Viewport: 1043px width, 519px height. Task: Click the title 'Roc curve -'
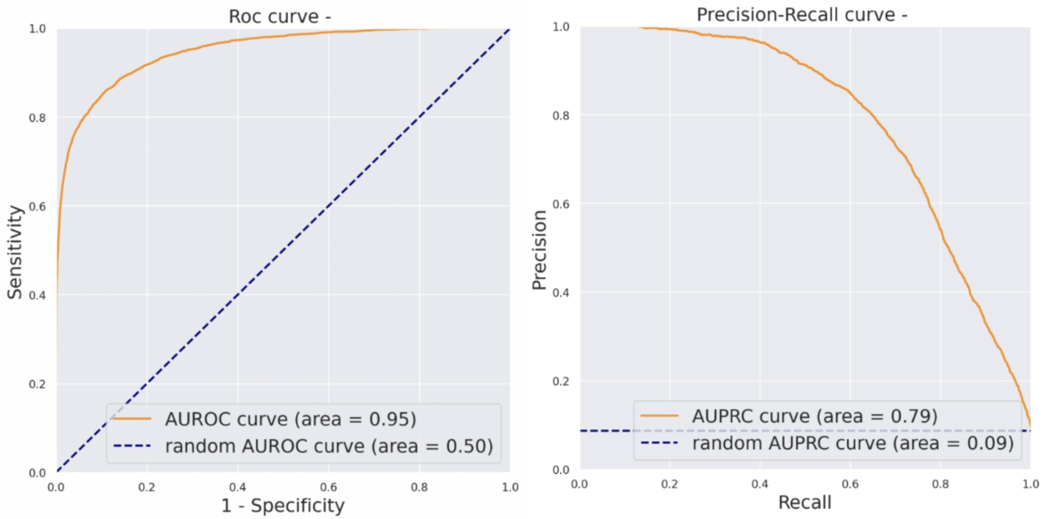pos(279,17)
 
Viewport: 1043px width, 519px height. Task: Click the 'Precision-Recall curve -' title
pos(801,15)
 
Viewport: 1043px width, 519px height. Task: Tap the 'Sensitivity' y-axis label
pos(15,252)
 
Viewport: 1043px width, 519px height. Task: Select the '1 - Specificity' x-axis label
pos(283,505)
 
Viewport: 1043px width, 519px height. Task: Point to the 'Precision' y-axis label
pos(539,250)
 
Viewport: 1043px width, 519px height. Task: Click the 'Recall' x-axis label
pos(805,502)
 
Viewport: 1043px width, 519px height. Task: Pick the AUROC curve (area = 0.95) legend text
pos(290,419)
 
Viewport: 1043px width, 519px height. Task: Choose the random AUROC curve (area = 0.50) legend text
pos(329,446)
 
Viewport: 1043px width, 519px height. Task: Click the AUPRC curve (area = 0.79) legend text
pos(814,416)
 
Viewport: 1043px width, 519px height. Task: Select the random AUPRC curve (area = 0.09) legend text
pos(853,444)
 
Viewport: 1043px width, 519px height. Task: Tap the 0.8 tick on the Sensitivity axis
pos(37,118)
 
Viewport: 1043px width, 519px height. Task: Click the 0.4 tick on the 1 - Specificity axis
pos(237,487)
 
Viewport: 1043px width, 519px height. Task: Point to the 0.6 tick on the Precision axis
pos(561,204)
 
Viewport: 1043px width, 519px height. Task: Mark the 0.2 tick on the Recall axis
pos(670,484)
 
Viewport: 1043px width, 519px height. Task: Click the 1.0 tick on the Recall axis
pos(1031,484)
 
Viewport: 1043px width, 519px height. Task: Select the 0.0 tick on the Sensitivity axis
pos(37,473)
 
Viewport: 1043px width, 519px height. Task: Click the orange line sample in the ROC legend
pos(132,419)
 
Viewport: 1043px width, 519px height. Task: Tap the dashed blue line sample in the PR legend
pos(659,443)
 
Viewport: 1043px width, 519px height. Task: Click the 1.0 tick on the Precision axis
pos(561,27)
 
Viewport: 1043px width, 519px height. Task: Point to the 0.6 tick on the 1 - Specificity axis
pos(328,487)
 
